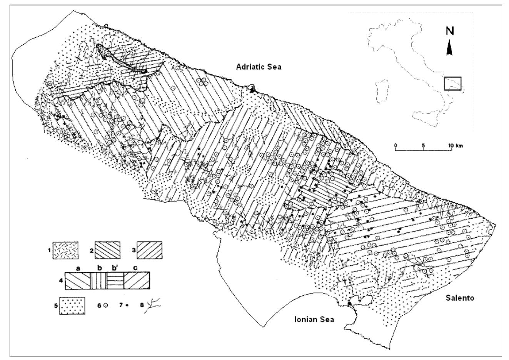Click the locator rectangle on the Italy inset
point(452,83)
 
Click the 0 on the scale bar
point(396,146)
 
